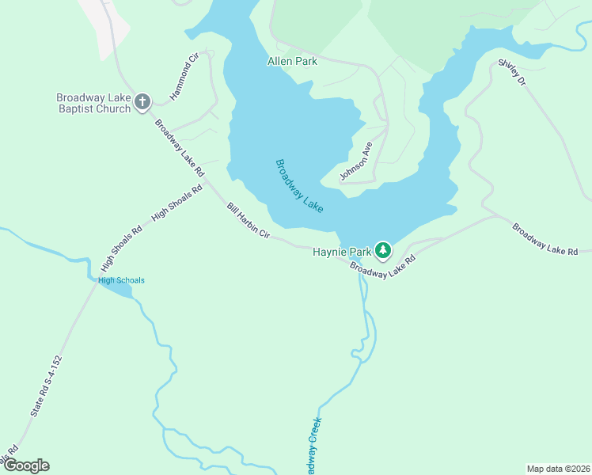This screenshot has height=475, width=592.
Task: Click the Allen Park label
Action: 292,61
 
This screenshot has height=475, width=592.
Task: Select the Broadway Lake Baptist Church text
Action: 93,103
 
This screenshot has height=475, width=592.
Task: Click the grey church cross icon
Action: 142,101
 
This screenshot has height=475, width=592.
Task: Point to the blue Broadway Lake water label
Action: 299,185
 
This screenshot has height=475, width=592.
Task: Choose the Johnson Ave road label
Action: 356,161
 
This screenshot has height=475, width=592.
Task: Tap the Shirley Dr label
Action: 512,72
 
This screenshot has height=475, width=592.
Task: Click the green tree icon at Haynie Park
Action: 383,250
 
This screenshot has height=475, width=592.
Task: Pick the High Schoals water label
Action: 121,280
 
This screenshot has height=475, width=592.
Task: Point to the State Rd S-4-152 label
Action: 46,386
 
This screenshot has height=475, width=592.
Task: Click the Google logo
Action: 26,465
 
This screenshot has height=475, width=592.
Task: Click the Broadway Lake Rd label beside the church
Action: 180,148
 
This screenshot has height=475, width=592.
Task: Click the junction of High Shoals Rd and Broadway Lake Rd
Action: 207,184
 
